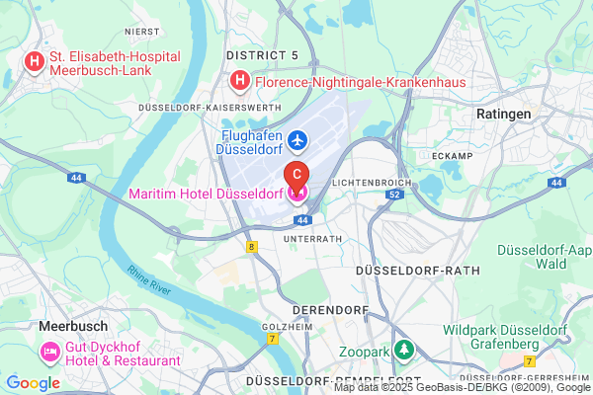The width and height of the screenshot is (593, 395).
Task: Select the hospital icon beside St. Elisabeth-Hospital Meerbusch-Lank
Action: click(35, 63)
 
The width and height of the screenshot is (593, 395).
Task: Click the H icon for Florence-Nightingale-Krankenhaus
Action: click(238, 79)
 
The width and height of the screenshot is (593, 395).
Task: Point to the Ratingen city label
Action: click(503, 115)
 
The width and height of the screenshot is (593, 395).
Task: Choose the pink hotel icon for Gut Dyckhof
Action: click(48, 352)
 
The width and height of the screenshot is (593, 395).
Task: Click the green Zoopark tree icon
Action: click(403, 350)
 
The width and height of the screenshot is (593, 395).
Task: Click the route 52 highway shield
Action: click(394, 196)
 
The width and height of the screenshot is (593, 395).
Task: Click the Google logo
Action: click(34, 382)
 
